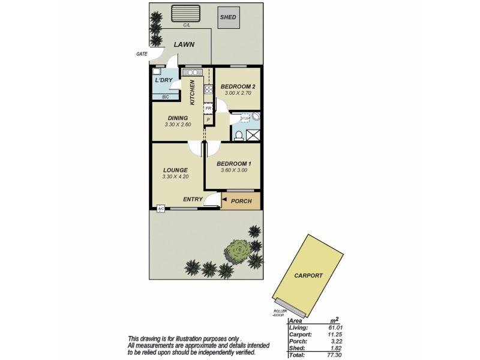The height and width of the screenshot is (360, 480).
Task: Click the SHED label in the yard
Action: click(228, 17)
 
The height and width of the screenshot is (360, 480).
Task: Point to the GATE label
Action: click(142, 54)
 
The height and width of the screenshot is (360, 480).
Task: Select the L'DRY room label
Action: click(163, 80)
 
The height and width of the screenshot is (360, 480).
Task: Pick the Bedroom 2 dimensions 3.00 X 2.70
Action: click(240, 94)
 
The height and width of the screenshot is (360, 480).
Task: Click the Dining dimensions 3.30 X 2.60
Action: click(178, 125)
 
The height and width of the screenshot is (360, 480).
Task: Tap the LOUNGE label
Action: click(175, 170)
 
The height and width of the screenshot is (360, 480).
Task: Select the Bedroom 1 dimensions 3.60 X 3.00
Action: click(234, 170)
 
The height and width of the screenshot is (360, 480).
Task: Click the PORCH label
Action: click(241, 201)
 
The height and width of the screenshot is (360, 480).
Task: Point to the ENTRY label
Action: click(193, 200)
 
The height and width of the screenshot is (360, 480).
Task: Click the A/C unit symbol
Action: click(161, 208)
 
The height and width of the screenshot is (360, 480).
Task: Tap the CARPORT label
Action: click(308, 275)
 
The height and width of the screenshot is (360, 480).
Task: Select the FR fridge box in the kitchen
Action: click(208, 109)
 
